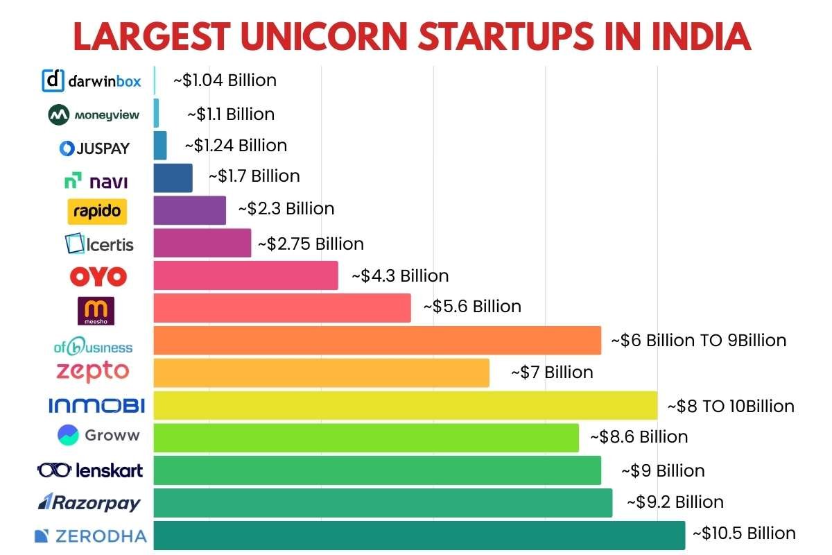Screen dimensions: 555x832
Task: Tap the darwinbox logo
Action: point(92,81)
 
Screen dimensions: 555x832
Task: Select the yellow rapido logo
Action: point(97,211)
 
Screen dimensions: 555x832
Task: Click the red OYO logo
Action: point(98,277)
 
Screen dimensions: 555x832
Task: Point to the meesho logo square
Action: point(96,311)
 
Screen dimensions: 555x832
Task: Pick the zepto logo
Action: point(92,371)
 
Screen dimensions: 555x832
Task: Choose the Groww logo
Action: point(98,436)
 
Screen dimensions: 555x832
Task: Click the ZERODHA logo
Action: point(91,536)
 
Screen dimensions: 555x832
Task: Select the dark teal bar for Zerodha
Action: point(419,535)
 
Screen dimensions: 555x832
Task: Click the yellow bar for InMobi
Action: point(405,405)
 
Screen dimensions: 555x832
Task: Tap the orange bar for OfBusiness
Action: point(377,340)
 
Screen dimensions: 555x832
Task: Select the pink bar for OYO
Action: point(245,275)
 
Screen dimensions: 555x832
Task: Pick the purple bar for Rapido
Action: point(189,210)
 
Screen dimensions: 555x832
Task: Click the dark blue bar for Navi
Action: point(173,178)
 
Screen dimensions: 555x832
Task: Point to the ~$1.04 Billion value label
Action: point(225,80)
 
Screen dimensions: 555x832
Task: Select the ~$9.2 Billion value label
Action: point(675,502)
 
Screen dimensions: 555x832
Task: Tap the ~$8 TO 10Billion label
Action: point(730,406)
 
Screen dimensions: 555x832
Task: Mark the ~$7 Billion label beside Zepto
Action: point(552,373)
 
